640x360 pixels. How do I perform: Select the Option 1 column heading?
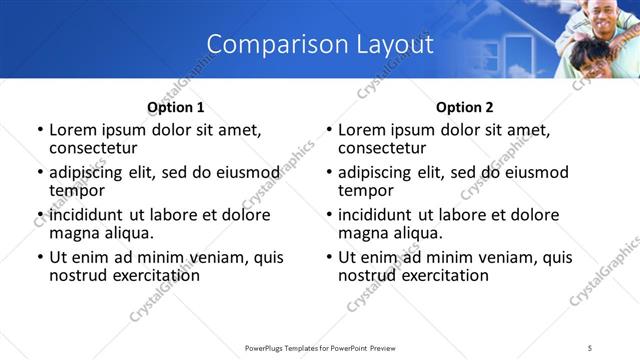click(175, 107)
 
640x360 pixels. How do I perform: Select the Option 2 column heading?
click(464, 107)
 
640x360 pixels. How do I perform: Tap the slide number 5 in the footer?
click(590, 347)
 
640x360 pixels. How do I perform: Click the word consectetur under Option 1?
click(93, 147)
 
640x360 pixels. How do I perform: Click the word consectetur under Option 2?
click(382, 147)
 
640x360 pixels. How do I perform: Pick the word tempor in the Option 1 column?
click(75, 190)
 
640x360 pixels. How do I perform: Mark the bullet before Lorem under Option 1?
click(40, 130)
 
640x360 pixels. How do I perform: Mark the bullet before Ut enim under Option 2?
click(329, 258)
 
